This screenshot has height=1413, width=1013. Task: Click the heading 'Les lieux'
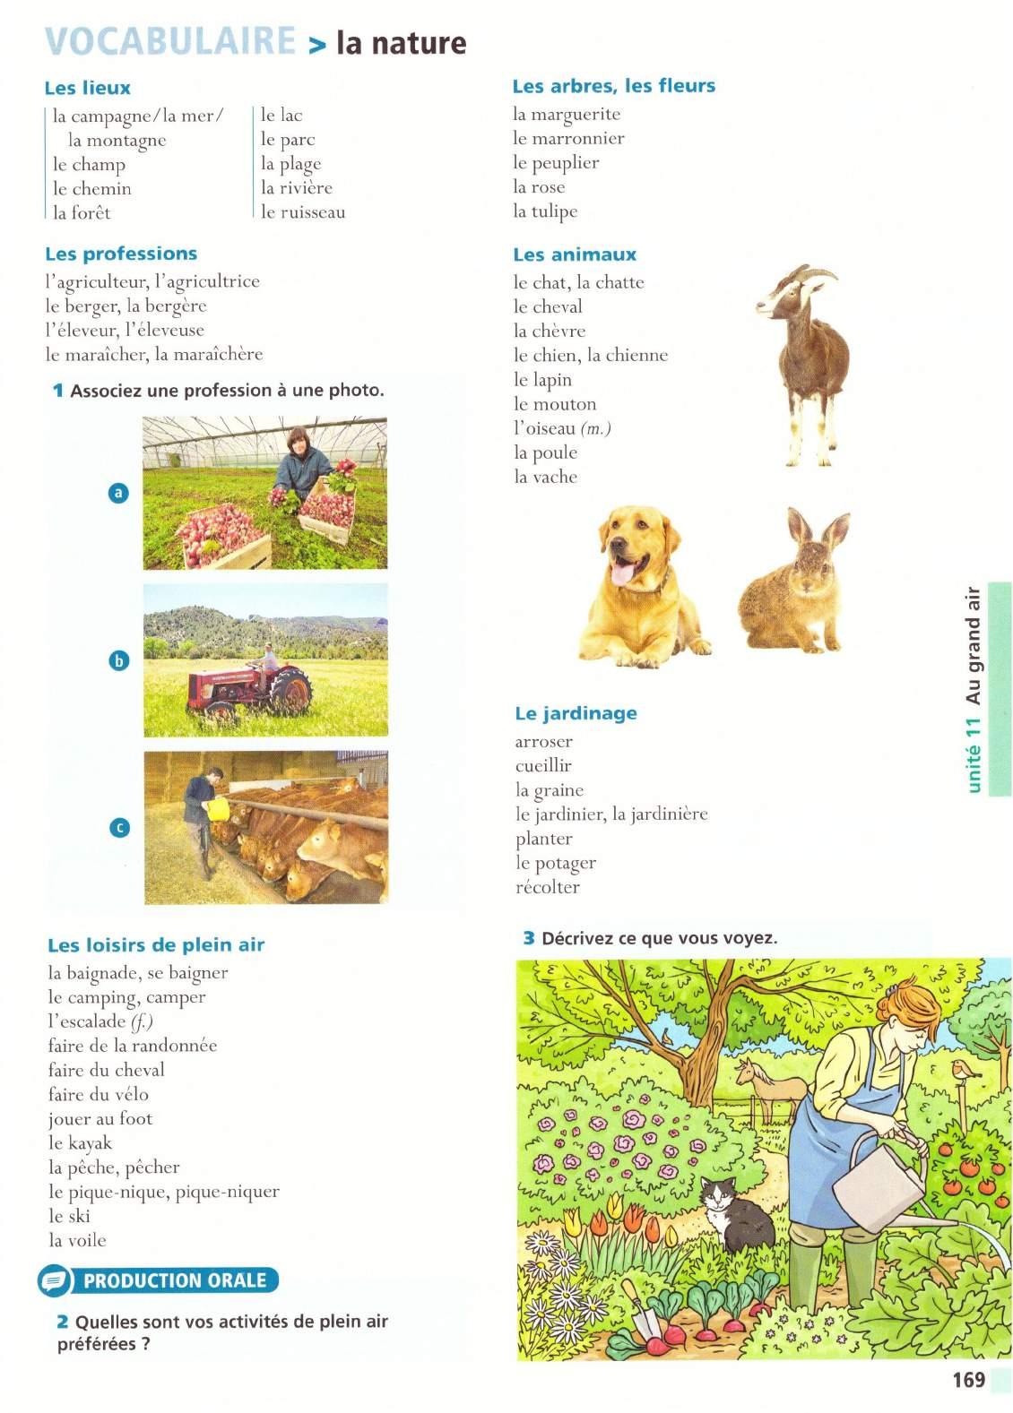tap(87, 88)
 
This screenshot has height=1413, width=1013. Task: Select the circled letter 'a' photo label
tap(118, 492)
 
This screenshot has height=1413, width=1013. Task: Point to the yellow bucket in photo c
tap(219, 808)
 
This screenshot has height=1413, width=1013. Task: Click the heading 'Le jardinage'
tap(576, 713)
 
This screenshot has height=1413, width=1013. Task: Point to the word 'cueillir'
tap(543, 765)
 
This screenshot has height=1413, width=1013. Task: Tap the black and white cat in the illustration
tap(736, 1215)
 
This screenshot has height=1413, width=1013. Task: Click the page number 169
tap(968, 1380)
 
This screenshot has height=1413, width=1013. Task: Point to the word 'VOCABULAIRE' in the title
tap(170, 42)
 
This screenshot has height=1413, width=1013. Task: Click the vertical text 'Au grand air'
tap(974, 645)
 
